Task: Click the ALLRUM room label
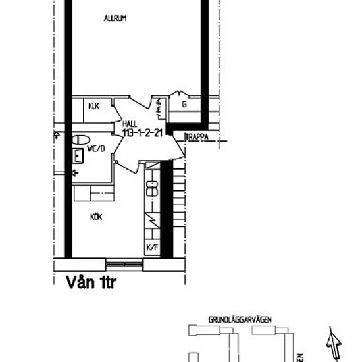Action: [x=115, y=18]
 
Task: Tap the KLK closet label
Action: [x=93, y=106]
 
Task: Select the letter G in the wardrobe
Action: [x=184, y=104]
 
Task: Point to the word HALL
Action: [x=130, y=123]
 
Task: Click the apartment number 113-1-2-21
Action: [x=143, y=132]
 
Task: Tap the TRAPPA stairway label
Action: [x=197, y=138]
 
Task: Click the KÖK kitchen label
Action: [x=97, y=216]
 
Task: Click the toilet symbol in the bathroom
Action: [x=81, y=140]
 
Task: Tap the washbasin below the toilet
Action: [x=79, y=156]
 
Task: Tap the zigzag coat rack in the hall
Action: [x=159, y=105]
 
